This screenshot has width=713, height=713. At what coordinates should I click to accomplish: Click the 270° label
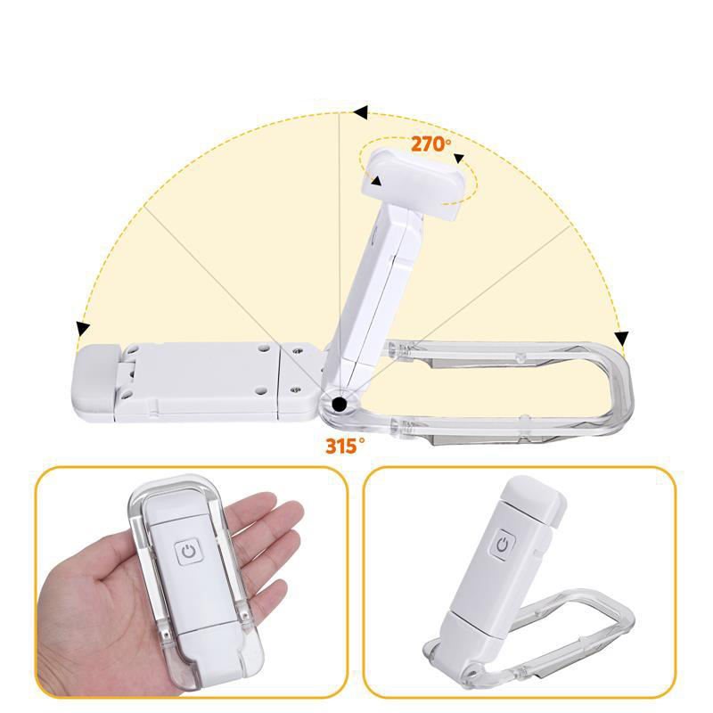430,143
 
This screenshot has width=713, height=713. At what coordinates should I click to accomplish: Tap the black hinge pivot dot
339,406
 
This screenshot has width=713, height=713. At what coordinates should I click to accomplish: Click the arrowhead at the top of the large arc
360,113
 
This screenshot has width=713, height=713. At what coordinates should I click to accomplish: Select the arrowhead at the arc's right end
621,338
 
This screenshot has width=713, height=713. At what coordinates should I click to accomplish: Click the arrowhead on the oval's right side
459,160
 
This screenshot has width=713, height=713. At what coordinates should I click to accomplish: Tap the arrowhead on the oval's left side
377,182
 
